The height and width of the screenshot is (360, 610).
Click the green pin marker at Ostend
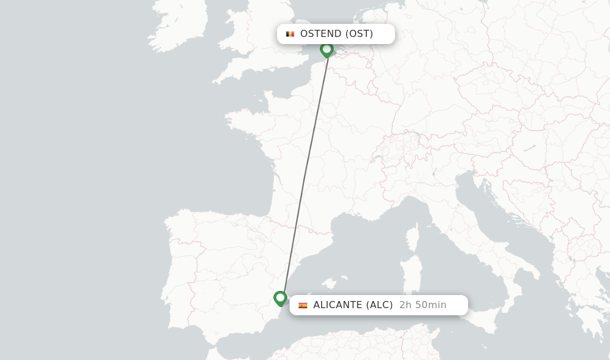click(326, 49)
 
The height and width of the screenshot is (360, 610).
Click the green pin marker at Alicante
click(280, 298)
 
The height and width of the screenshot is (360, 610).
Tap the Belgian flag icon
click(290, 34)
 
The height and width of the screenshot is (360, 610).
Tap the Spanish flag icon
click(303, 305)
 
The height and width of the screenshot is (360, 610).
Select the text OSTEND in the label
click(320, 34)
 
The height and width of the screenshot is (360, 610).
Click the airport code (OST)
click(359, 34)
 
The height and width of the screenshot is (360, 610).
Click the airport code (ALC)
click(379, 305)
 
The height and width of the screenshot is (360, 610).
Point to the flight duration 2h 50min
click(422, 305)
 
